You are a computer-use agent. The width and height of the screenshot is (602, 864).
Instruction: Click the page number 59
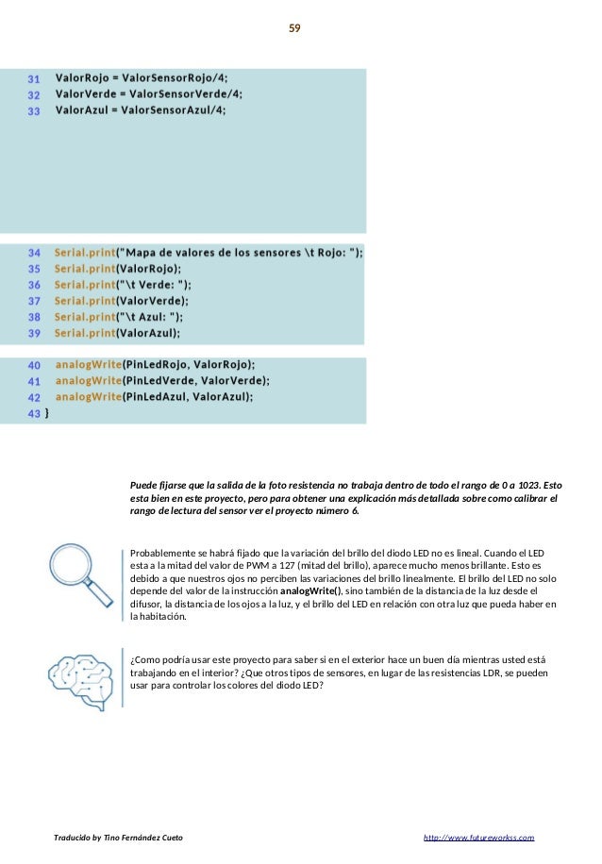294,28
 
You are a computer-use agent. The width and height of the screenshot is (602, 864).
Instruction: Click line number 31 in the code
33,78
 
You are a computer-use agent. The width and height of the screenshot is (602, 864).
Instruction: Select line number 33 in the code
33,110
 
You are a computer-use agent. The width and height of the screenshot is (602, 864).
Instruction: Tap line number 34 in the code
34,253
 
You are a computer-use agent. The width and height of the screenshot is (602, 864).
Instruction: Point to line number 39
34,333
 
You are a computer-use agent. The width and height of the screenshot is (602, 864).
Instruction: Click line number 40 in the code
34,365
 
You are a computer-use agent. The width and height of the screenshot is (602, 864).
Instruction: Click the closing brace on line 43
47,413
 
